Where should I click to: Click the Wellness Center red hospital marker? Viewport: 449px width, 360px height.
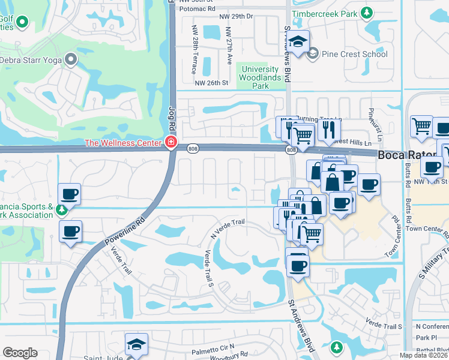(x=170, y=143)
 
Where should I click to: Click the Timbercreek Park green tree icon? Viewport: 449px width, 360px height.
(x=366, y=13)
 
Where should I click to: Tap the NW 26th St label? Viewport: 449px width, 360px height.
(x=211, y=83)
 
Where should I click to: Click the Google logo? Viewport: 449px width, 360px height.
(x=20, y=353)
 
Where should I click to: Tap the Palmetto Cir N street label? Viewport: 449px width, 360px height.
(x=212, y=349)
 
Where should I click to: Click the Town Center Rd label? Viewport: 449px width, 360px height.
(x=427, y=229)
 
